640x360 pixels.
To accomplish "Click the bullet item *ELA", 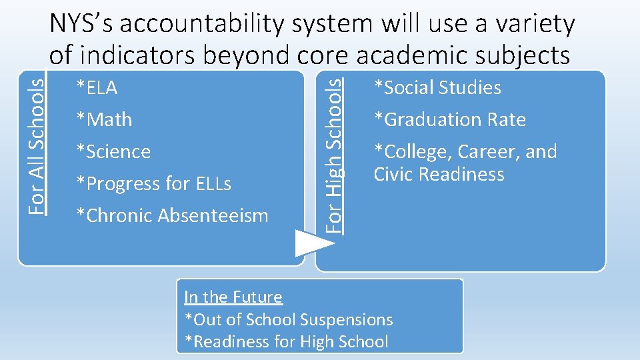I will coord(97,87).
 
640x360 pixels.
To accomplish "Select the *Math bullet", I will coord(104,119).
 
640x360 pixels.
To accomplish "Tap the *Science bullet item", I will coord(113,151).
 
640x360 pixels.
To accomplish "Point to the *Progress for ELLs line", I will coord(153,183).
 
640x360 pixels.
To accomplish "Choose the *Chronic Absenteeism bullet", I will coord(172,215).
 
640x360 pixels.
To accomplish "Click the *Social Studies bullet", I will coord(437,87).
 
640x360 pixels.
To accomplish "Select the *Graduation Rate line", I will coord(450,119).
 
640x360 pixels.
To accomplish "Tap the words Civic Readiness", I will coord(439,174).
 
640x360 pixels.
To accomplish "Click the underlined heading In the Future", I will coord(233,297).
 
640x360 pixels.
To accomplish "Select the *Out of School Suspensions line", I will coord(289,320).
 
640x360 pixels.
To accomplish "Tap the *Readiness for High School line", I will coord(286,342).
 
